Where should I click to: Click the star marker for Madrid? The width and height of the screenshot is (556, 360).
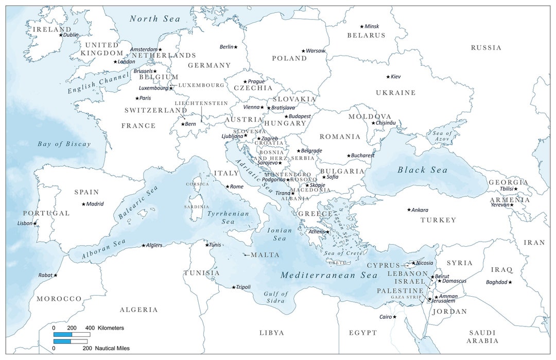83,204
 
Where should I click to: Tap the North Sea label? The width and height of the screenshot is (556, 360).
154,19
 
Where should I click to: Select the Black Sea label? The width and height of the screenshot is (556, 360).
422,170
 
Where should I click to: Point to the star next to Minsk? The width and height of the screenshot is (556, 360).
362,26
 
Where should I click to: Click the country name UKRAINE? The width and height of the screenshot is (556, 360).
395,93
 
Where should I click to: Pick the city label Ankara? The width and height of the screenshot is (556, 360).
420,210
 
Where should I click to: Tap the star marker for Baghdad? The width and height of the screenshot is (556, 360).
510,282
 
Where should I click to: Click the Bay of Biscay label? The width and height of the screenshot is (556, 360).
64,144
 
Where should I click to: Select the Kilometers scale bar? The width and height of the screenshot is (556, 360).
72,334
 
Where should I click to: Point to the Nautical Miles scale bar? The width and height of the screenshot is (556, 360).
72,341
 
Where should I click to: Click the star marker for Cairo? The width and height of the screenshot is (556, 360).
395,317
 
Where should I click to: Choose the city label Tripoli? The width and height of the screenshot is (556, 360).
244,287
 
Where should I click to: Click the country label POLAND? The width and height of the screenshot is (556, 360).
289,58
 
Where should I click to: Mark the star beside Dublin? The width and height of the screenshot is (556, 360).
61,35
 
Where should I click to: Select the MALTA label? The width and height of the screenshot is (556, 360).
265,255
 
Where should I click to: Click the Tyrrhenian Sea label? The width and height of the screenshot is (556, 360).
228,217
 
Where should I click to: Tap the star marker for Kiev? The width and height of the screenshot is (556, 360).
388,77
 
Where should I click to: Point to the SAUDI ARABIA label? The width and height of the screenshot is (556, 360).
482,337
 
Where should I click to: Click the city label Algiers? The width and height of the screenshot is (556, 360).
154,246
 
